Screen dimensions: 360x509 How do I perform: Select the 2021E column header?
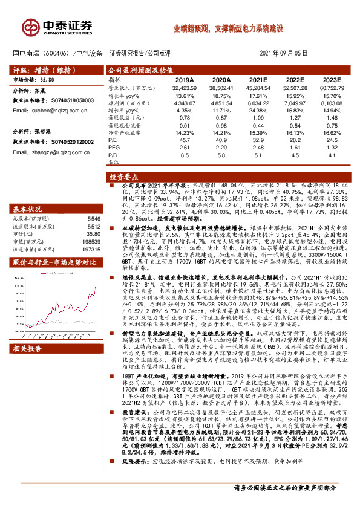point(258,80)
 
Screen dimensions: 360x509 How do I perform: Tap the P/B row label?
point(113,154)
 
